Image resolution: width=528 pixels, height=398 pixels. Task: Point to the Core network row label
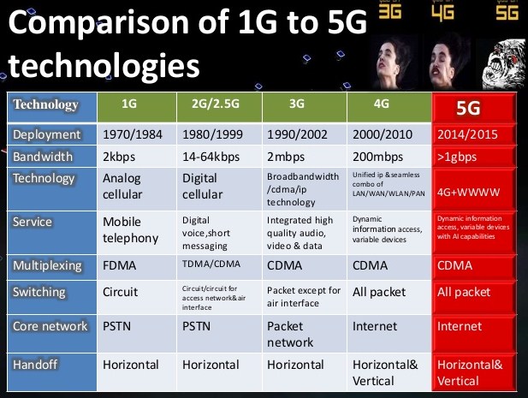pyautogui.click(x=49, y=326)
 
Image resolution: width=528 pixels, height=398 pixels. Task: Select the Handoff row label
pyautogui.click(x=36, y=365)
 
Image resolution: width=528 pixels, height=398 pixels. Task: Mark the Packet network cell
pyautogui.click(x=292, y=334)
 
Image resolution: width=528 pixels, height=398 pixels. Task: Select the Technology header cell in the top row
pyautogui.click(x=46, y=105)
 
